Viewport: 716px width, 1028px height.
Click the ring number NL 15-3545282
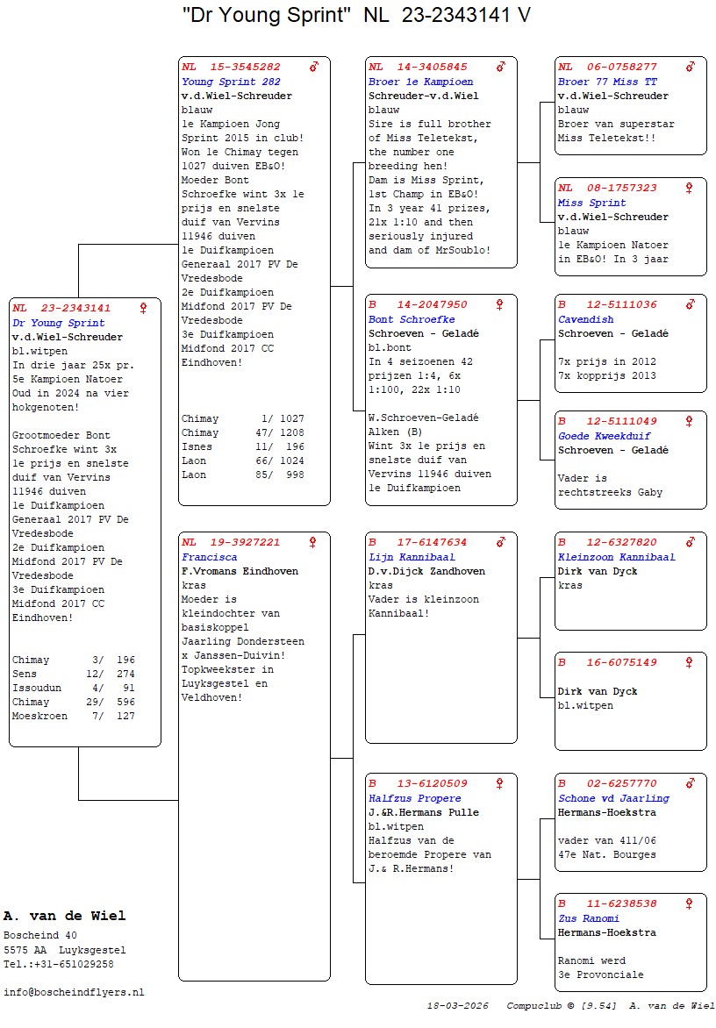pos(232,67)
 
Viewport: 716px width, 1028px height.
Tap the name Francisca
pos(209,557)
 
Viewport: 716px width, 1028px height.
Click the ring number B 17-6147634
pos(418,542)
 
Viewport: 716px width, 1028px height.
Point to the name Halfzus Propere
pos(414,798)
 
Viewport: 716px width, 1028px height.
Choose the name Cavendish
pos(585,319)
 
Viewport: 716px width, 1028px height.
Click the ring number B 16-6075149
pos(607,662)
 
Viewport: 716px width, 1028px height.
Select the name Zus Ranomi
pos(588,918)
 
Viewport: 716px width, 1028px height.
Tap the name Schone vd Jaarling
pos(613,798)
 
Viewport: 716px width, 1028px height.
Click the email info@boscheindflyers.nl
pos(74,992)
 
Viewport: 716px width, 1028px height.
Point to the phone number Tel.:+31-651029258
pos(58,964)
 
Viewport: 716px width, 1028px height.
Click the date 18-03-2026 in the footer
pos(457,1005)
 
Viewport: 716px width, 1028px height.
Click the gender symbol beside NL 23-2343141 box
pos(143,308)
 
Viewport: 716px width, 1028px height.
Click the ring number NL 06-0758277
pos(607,67)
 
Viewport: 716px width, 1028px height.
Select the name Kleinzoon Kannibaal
pos(616,557)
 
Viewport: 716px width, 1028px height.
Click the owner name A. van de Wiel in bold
pos(64,916)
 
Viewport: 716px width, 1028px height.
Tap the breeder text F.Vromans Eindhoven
pos(241,571)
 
